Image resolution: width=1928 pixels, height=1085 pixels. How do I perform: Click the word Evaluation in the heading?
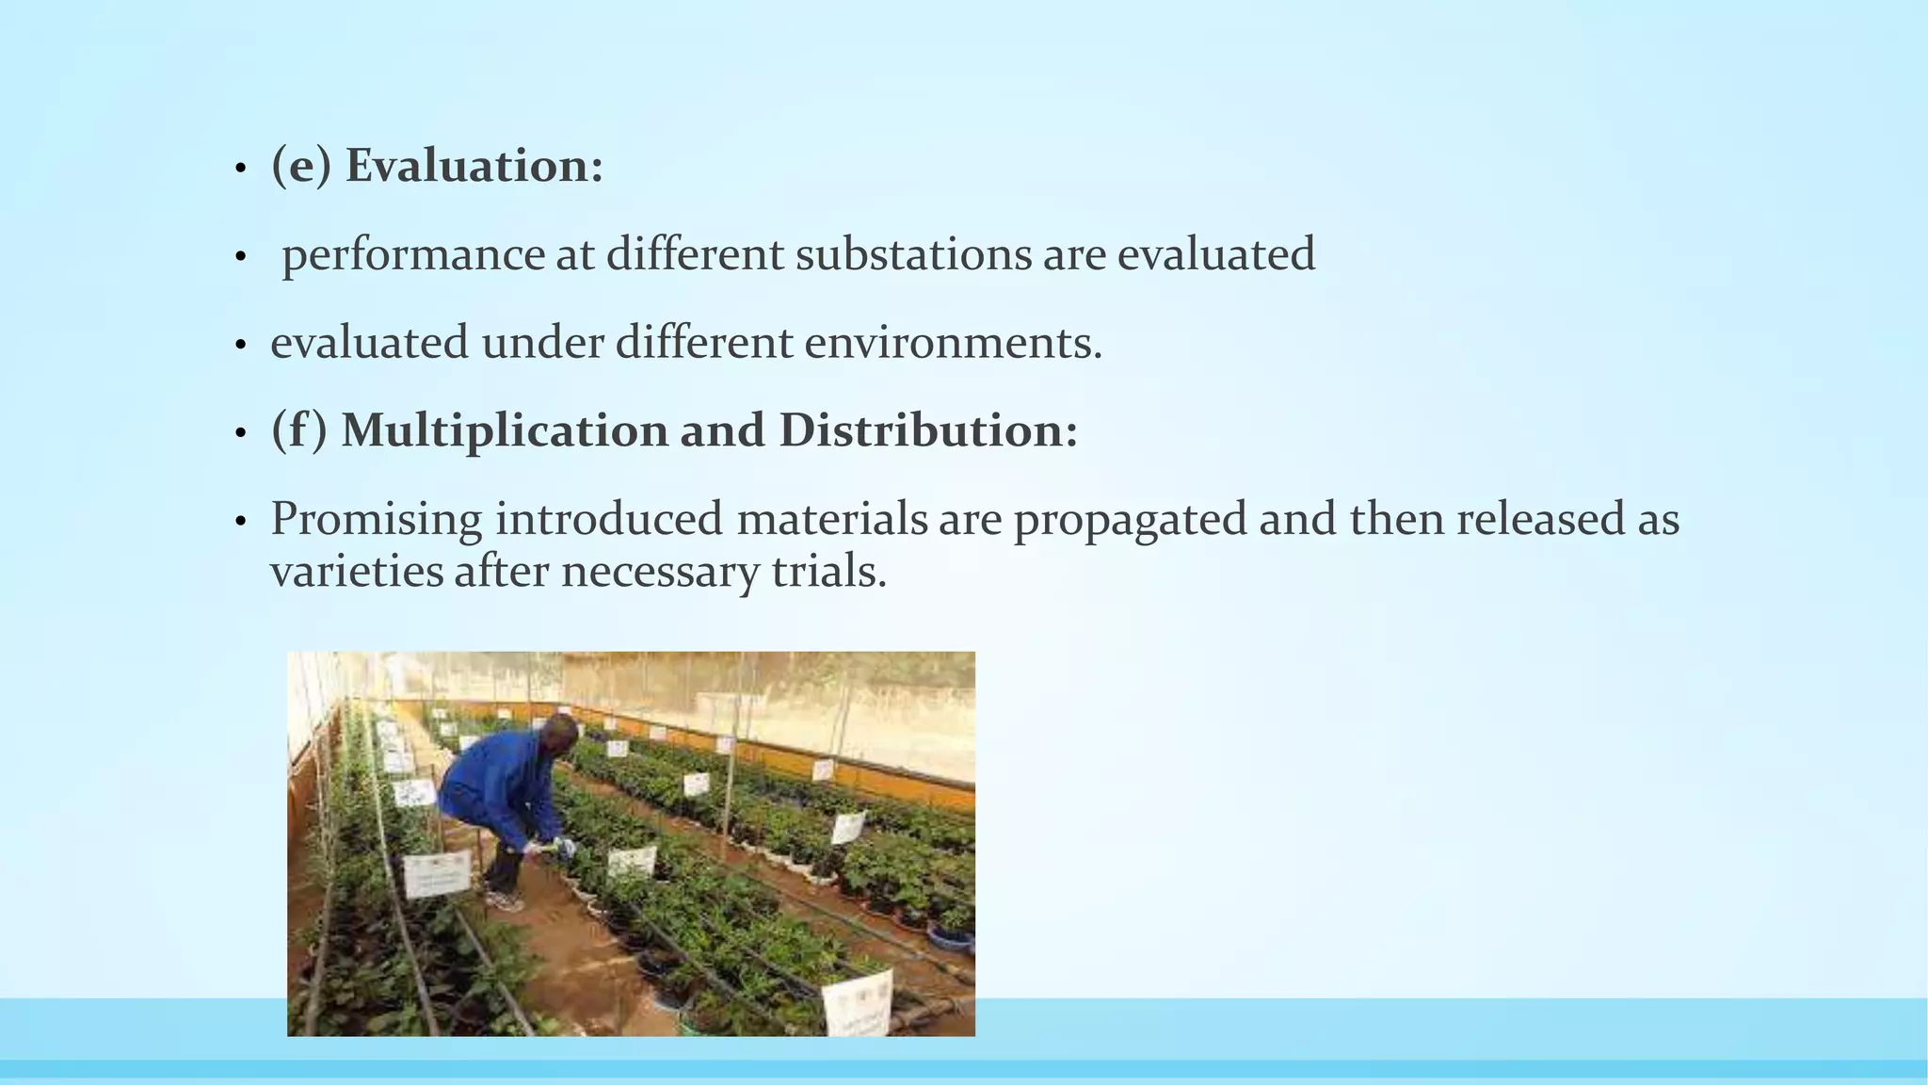pyautogui.click(x=474, y=166)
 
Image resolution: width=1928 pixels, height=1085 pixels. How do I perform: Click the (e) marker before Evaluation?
pyautogui.click(x=301, y=166)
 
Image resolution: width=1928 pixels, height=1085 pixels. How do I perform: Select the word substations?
pyautogui.click(x=913, y=254)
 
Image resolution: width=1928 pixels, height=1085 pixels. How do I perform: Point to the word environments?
pyautogui.click(x=953, y=342)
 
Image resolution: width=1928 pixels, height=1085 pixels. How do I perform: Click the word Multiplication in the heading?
pyautogui.click(x=505, y=430)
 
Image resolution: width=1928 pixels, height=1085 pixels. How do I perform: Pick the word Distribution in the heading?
pyautogui.click(x=927, y=430)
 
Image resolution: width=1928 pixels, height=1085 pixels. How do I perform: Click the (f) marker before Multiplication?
pyautogui.click(x=299, y=430)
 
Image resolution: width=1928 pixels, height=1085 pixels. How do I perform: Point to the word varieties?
pyautogui.click(x=356, y=571)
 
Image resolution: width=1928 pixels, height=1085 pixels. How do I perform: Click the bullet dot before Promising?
pyautogui.click(x=241, y=522)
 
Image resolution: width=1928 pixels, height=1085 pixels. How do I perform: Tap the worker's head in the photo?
pyautogui.click(x=562, y=733)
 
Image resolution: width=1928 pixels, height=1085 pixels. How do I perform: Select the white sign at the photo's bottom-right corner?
pyautogui.click(x=857, y=1002)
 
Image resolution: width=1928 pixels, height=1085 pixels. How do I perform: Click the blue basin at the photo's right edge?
pyautogui.click(x=951, y=937)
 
